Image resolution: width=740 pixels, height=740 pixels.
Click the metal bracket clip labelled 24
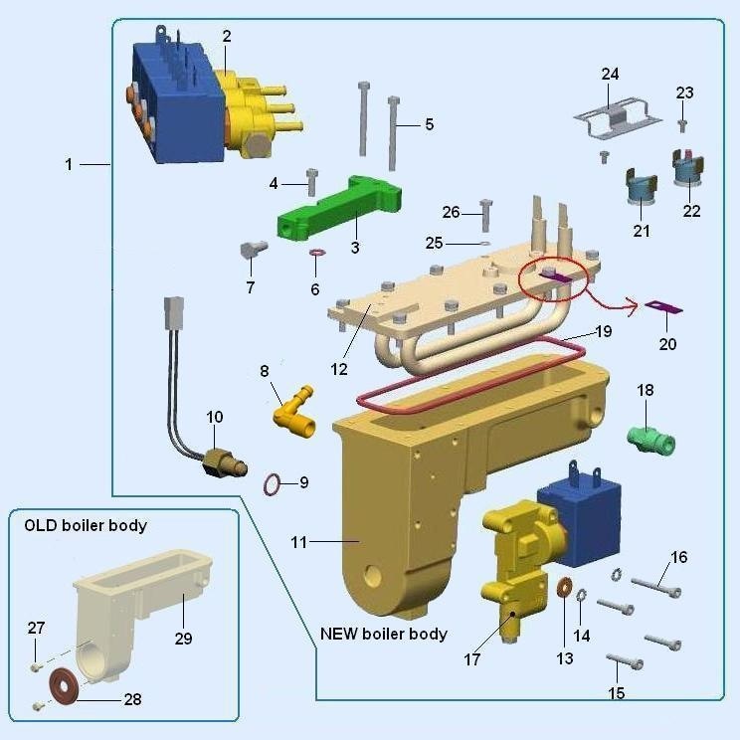(617, 117)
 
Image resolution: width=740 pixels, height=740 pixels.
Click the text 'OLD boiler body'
(86, 524)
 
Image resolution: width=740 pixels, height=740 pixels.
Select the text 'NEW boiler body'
(384, 634)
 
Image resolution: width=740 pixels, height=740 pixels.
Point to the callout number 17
(472, 658)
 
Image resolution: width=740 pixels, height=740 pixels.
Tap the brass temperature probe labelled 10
(221, 462)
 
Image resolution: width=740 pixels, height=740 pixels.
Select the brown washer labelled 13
(564, 588)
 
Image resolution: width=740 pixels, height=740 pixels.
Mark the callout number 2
(227, 36)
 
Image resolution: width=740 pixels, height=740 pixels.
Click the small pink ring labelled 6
(317, 255)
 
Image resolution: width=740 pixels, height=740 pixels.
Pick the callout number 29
(183, 638)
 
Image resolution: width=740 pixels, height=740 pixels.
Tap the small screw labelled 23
(682, 124)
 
